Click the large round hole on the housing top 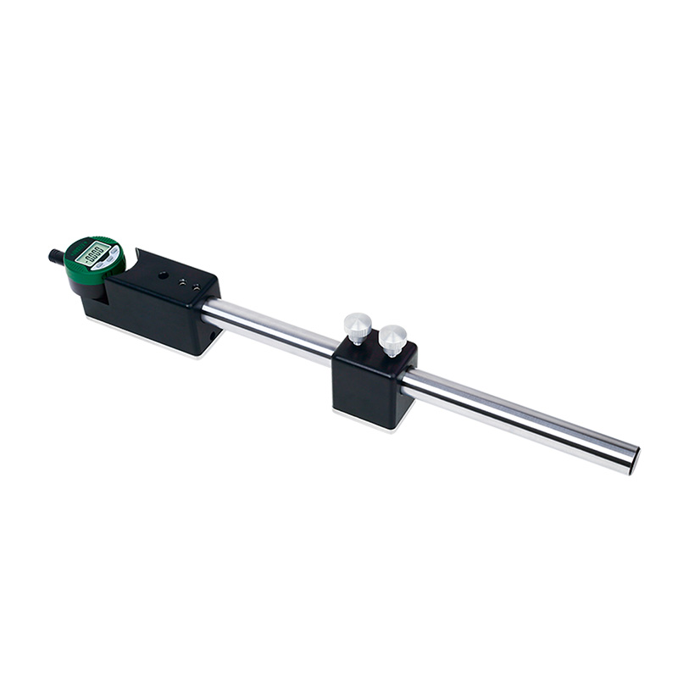(161, 274)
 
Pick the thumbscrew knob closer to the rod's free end (392, 339)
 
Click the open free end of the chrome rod (632, 458)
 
